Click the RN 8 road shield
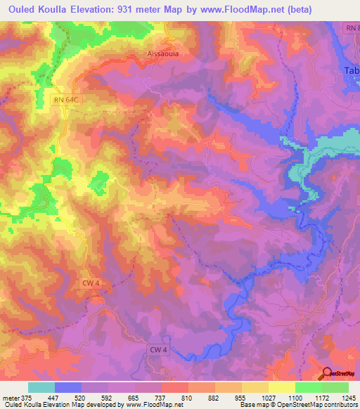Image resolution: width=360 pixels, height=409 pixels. (352, 27)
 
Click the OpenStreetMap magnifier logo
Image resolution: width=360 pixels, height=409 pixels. (326, 372)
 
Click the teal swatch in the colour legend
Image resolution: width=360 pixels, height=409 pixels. (41, 387)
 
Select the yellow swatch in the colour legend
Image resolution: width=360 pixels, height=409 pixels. (281, 387)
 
